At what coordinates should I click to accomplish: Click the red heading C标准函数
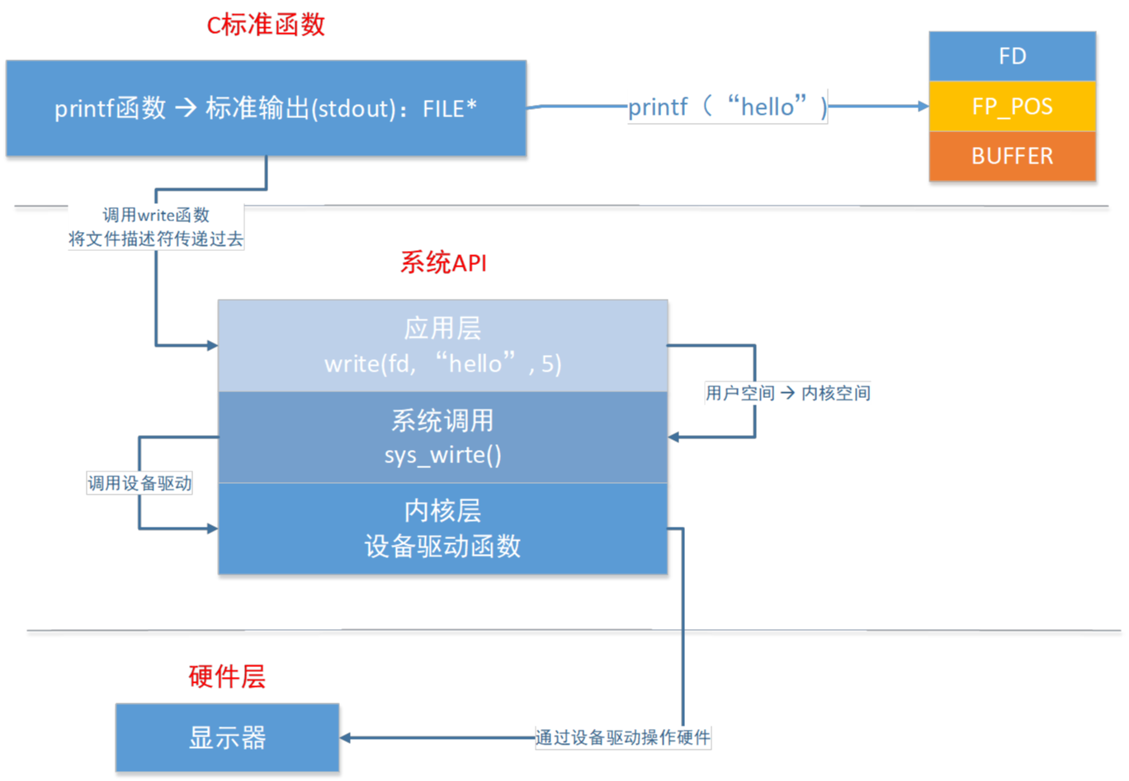266,26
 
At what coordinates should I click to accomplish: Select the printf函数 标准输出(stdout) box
266,108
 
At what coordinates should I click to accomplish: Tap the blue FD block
1012,56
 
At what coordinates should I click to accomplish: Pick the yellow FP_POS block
1012,106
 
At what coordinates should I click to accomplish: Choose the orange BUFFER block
1012,156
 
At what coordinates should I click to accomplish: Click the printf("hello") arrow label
727,106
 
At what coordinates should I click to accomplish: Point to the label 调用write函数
156,215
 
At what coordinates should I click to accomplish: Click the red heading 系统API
443,263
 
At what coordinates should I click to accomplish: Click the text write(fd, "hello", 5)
442,364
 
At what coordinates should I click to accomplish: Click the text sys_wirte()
442,455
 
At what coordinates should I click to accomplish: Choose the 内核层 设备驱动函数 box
442,528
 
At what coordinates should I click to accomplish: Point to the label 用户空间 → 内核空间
787,393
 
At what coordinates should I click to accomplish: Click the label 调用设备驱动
139,483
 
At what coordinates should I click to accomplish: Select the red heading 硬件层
227,677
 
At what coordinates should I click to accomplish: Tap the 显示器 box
227,737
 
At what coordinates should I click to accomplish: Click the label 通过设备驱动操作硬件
622,737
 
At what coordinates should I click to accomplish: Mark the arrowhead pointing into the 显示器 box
347,737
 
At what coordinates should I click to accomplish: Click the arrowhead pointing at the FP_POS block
923,106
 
